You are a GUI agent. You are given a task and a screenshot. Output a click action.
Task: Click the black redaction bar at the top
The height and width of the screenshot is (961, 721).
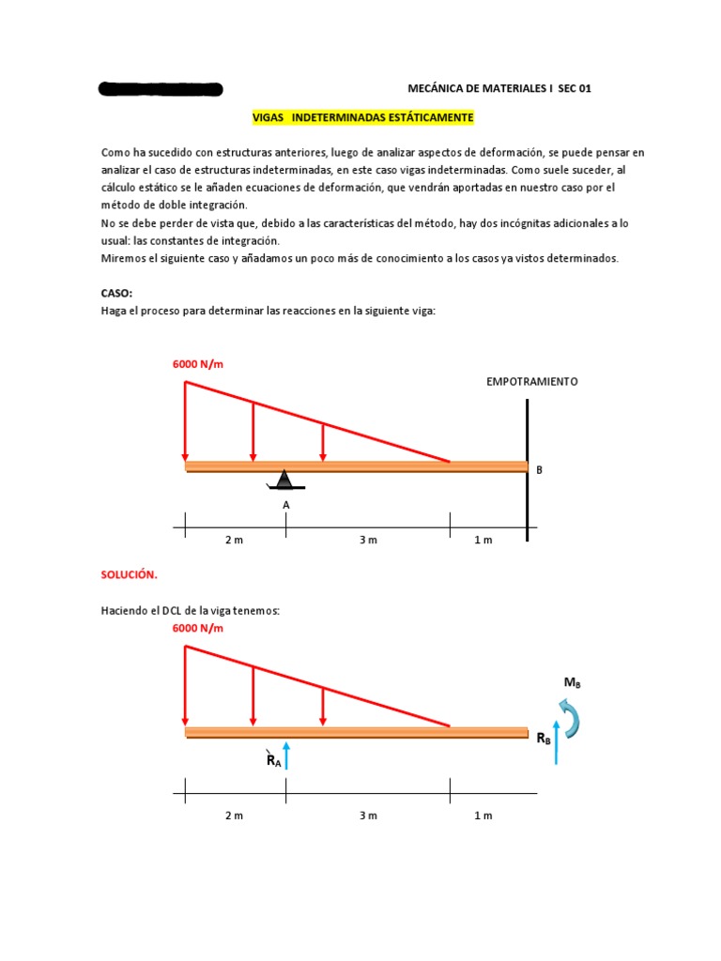161,90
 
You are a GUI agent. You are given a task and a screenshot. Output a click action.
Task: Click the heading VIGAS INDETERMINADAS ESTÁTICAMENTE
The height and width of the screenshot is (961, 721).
363,118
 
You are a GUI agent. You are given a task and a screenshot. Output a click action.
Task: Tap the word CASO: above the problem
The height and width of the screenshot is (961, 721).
116,293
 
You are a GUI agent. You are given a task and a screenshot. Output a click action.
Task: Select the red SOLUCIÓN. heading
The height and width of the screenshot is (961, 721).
129,573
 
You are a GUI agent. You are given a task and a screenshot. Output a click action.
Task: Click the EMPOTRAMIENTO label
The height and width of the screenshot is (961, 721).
531,382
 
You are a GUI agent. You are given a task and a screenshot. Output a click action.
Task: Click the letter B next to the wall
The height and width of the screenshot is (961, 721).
539,468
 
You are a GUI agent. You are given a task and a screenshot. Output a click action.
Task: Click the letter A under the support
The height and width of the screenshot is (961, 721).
286,505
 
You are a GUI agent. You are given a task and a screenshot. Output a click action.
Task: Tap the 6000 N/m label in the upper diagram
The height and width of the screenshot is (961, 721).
198,364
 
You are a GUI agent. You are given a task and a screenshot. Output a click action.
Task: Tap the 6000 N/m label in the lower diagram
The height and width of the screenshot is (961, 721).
198,628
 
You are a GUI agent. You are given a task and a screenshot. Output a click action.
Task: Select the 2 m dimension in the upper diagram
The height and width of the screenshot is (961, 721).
234,541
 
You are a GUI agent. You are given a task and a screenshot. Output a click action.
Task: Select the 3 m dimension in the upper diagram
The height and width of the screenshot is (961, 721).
368,541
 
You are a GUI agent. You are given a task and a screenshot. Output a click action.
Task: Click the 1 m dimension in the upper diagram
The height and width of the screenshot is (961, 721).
483,541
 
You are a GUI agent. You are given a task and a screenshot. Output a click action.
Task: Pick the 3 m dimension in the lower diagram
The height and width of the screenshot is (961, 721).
368,816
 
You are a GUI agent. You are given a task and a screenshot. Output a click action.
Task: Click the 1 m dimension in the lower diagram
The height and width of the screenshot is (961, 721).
483,816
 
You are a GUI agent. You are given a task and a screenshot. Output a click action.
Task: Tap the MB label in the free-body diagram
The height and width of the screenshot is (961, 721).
572,683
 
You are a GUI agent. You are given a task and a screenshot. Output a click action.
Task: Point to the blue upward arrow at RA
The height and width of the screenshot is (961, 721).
287,755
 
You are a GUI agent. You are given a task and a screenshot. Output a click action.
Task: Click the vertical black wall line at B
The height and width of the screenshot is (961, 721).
528,468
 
